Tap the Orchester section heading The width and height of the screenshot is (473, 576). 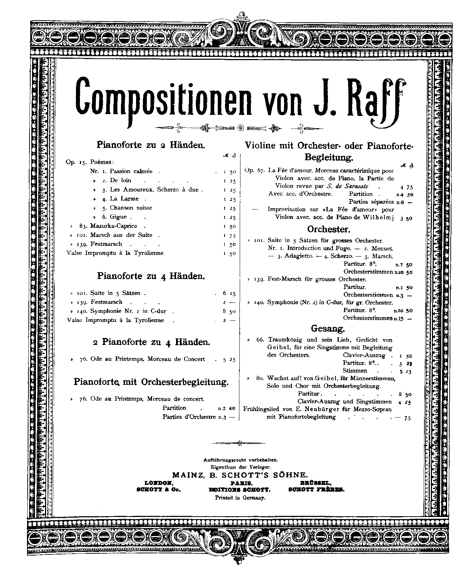[329, 229]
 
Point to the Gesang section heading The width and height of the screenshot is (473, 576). [328, 328]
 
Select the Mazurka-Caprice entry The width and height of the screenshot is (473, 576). [113, 226]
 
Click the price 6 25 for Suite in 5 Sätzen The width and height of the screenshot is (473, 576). [229, 293]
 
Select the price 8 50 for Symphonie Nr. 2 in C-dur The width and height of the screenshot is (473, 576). [229, 311]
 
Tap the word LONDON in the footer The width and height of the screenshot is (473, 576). [159, 483]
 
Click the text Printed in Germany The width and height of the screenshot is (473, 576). [240, 498]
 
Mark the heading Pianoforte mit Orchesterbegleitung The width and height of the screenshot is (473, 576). [151, 382]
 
